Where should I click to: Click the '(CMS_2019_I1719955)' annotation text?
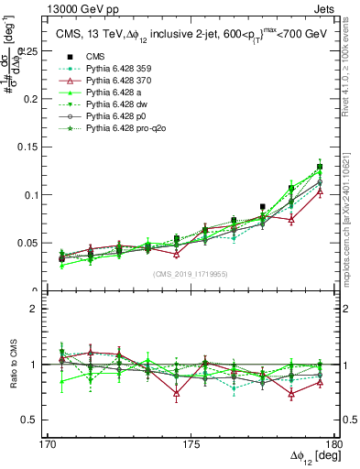click(190, 273)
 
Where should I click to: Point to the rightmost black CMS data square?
click(320, 167)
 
